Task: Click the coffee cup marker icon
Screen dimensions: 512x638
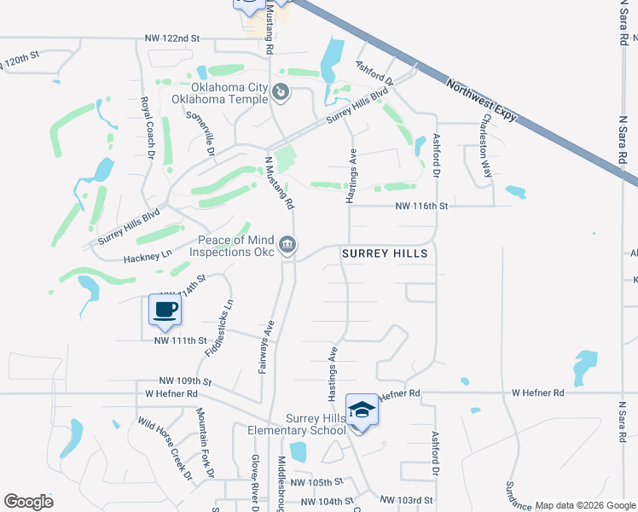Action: [x=165, y=309]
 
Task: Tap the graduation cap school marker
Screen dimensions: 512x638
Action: [x=362, y=410]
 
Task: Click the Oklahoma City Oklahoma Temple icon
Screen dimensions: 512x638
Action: [x=281, y=91]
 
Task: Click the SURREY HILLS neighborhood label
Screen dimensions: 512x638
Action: [x=384, y=254]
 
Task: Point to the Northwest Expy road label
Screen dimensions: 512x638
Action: [x=483, y=99]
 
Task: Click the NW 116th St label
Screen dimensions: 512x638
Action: [x=421, y=206]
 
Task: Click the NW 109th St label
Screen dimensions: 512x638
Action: [x=185, y=381]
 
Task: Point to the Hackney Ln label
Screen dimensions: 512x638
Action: [x=148, y=254]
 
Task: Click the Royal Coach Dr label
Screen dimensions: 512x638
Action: [x=146, y=128]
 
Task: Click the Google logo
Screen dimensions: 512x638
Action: [x=28, y=502]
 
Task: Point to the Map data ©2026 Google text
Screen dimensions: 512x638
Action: [x=585, y=505]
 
